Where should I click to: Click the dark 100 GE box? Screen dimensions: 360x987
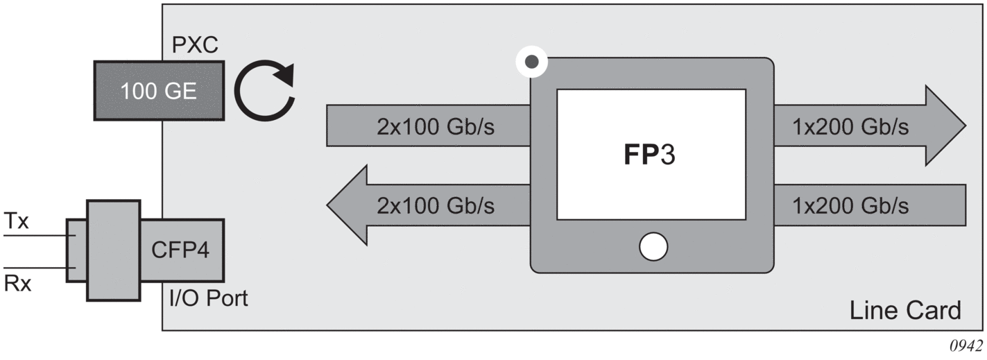[159, 90]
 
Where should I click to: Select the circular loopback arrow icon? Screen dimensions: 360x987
[264, 90]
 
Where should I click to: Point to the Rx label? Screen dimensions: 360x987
[18, 284]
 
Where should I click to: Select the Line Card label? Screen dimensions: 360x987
[905, 310]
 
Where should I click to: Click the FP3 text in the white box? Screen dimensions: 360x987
[648, 155]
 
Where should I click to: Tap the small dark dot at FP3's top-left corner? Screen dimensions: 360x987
[532, 62]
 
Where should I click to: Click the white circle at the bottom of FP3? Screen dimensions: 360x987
[653, 246]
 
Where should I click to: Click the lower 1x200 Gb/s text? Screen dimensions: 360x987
[850, 205]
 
